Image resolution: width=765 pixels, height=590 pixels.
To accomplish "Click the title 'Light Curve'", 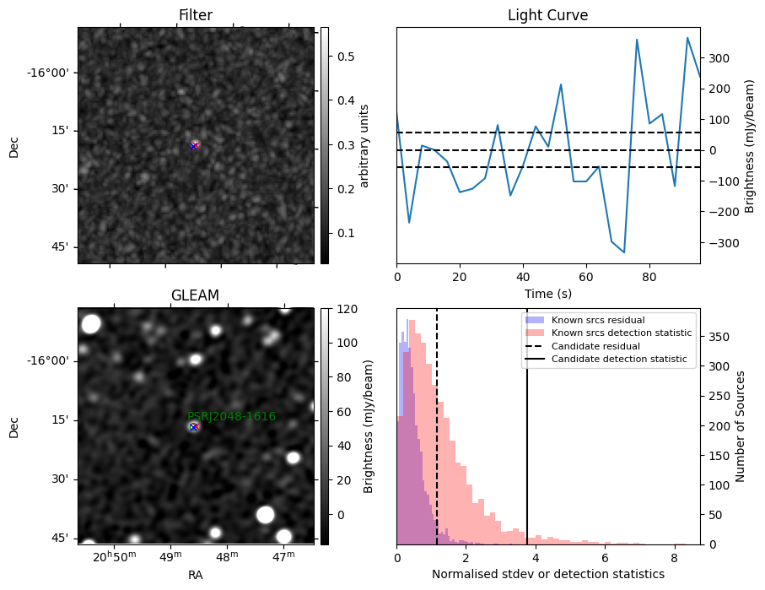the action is (548, 15).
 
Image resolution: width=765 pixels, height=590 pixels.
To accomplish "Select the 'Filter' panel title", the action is (196, 15).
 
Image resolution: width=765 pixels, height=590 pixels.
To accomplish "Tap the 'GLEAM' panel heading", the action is (195, 295).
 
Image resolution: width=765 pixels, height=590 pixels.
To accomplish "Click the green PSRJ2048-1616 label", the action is (232, 417).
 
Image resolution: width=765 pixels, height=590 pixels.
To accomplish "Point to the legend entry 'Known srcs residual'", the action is (598, 321).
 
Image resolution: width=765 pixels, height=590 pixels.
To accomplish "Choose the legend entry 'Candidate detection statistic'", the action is (619, 359).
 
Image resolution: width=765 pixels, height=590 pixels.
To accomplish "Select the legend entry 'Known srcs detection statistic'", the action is (622, 333).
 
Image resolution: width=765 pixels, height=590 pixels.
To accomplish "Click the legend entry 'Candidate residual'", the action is (595, 346).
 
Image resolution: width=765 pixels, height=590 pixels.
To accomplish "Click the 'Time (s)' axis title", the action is (548, 294).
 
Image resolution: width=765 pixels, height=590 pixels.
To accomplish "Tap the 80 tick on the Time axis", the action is (649, 278).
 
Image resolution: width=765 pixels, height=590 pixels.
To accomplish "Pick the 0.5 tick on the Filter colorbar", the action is (346, 57).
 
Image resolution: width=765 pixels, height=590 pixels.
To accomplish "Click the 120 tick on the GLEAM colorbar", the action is (347, 309).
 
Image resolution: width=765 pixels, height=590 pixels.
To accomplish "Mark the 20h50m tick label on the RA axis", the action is (115, 557).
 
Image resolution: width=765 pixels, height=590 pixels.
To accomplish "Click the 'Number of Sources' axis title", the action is (740, 426).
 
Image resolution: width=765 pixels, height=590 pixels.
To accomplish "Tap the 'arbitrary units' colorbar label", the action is (364, 145).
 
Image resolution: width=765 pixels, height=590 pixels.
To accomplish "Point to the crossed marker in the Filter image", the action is (194, 145).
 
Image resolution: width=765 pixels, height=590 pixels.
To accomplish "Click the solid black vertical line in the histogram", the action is (527, 426).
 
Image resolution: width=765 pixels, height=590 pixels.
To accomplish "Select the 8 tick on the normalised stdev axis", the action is (674, 558).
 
